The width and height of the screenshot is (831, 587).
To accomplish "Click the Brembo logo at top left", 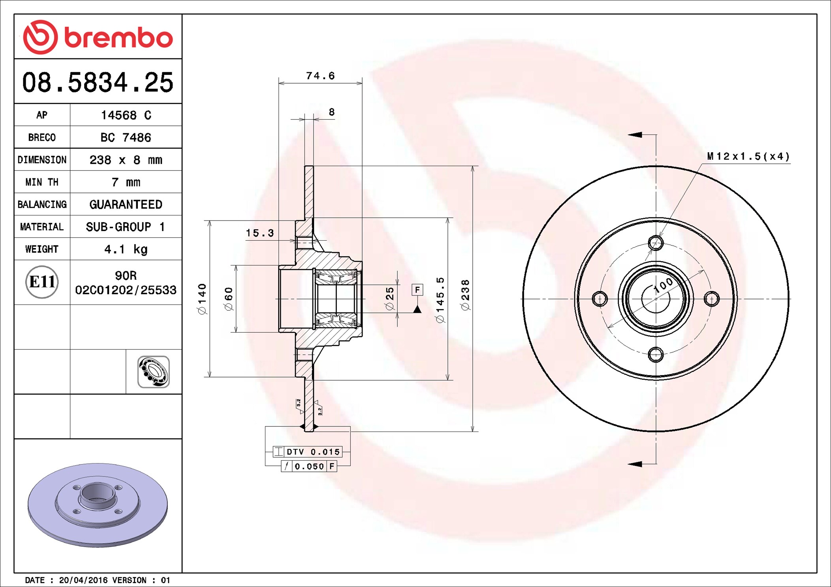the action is (x=98, y=37).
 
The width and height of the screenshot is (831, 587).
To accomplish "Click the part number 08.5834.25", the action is (x=98, y=82).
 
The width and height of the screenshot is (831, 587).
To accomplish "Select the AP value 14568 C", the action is (x=126, y=115).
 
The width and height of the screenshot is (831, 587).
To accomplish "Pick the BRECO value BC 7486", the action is (x=126, y=137).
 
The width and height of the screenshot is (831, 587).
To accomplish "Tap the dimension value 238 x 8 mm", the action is (x=126, y=160).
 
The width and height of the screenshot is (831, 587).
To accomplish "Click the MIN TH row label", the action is (x=42, y=182).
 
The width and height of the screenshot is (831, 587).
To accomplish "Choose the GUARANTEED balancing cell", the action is (x=126, y=204).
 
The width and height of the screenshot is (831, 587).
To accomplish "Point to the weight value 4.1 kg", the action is (x=126, y=249).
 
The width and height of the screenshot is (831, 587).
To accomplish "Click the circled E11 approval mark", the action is (x=42, y=282).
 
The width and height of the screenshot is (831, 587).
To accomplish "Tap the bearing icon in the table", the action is (x=154, y=372).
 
